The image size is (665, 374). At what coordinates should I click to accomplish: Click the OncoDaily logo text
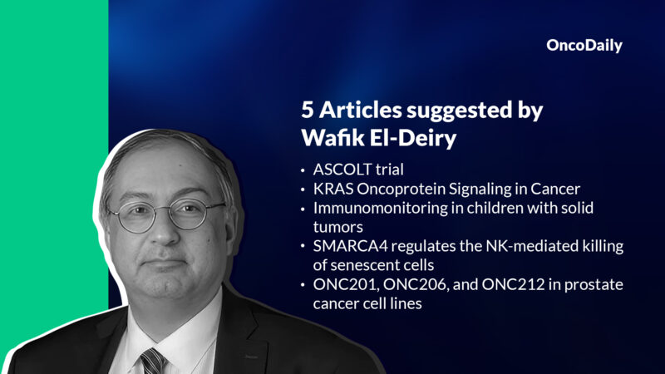(x=584, y=47)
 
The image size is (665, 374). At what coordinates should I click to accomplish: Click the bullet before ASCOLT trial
(x=303, y=170)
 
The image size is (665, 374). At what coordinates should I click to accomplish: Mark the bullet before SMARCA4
(x=303, y=247)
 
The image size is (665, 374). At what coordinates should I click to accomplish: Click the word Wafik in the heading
(x=332, y=138)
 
